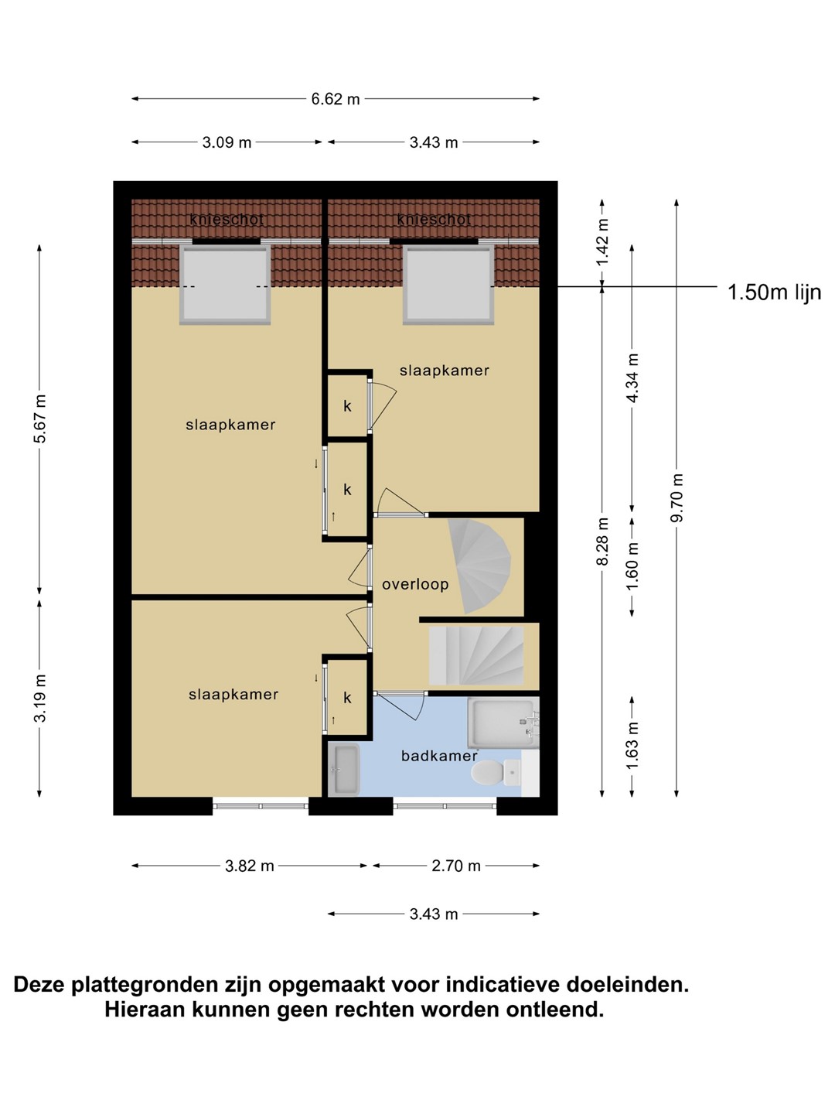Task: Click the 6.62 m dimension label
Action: pyautogui.click(x=335, y=99)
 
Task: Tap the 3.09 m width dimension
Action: pyautogui.click(x=227, y=142)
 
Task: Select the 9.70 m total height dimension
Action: pyautogui.click(x=677, y=497)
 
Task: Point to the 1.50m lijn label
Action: pyautogui.click(x=774, y=292)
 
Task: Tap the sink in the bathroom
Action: pyautogui.click(x=344, y=770)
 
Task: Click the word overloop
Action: pyautogui.click(x=415, y=584)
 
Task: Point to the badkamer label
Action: pyautogui.click(x=439, y=756)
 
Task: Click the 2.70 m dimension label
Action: pyautogui.click(x=456, y=866)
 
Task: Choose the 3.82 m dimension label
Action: pyautogui.click(x=250, y=866)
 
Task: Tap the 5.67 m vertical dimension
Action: pyautogui.click(x=39, y=419)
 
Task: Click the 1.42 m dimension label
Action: pyautogui.click(x=602, y=241)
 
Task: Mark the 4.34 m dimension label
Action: pyautogui.click(x=632, y=378)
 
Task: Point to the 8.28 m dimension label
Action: pyautogui.click(x=602, y=541)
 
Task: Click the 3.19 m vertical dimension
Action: pyautogui.click(x=39, y=698)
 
